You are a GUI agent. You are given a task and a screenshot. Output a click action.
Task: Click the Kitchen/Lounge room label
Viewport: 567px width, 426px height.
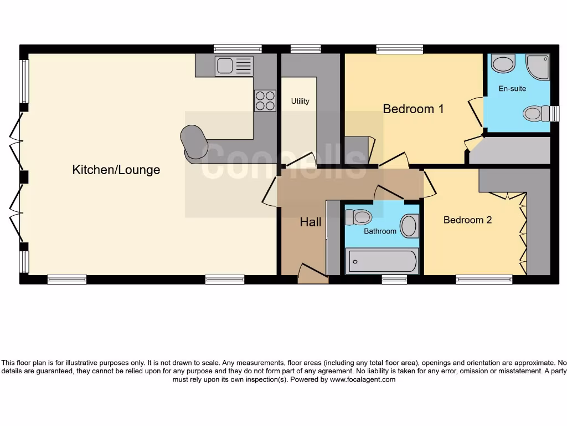pos(116,170)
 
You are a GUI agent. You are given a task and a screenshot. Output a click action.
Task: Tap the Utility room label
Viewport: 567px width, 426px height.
pos(300,102)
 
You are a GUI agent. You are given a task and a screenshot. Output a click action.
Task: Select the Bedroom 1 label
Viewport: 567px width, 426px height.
pos(413,109)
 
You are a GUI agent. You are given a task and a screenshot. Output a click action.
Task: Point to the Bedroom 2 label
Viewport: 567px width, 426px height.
pos(467,220)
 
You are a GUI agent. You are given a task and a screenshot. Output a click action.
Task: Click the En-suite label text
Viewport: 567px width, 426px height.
pos(512,89)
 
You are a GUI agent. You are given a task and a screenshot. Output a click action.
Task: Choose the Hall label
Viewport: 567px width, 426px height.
pos(311,222)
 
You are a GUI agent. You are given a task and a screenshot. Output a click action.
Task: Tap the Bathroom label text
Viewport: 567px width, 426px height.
pos(380,231)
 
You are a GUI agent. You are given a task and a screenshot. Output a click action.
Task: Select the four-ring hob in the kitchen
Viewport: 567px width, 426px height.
pos(265,100)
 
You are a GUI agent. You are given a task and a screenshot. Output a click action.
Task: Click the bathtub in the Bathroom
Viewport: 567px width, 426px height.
pos(382,261)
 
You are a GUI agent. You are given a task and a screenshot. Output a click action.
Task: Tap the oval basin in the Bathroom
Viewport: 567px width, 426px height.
pos(409,226)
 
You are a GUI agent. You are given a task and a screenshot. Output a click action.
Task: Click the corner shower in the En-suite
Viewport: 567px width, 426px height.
pos(538,67)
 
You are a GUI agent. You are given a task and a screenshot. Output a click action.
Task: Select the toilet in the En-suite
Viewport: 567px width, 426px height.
pos(534,114)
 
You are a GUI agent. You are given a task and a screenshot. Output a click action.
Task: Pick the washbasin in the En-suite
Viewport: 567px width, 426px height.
pos(503,63)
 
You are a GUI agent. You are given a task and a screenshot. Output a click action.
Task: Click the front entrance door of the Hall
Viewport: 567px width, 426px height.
pos(313,274)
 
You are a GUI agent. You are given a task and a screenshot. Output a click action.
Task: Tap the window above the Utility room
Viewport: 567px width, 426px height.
pos(306,49)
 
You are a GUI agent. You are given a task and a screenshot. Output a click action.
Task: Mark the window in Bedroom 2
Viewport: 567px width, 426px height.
pos(484,280)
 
